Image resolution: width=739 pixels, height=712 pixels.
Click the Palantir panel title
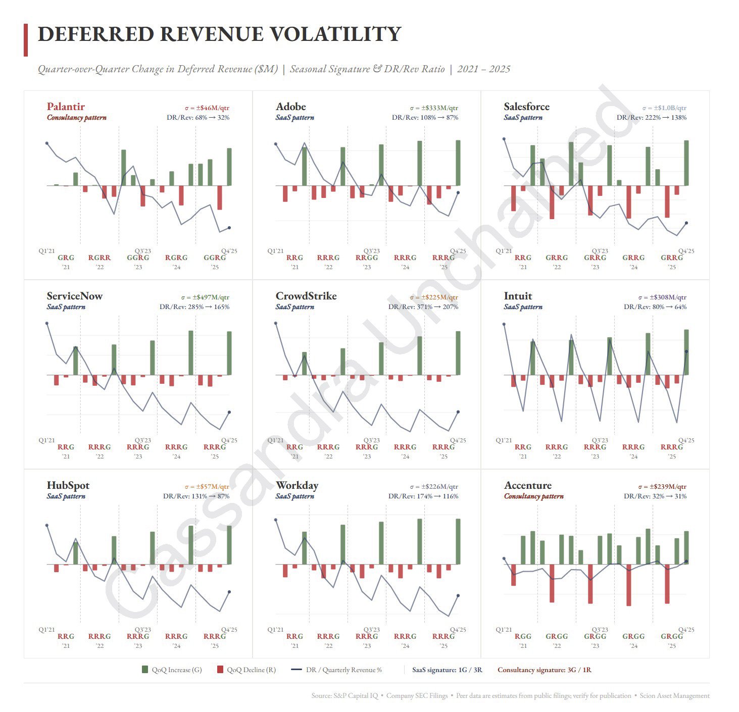[x=66, y=107]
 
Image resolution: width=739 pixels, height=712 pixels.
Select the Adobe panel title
[x=291, y=107]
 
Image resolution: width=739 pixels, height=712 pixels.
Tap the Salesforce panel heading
[x=526, y=107]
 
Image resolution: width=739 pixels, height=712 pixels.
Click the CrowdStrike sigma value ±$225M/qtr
[x=434, y=297]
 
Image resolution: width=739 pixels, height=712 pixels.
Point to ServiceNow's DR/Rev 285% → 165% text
[x=194, y=307]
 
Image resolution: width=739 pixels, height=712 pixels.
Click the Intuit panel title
[x=518, y=296]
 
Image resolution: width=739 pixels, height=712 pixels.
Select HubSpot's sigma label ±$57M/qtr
[x=207, y=487]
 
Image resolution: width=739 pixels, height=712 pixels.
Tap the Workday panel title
[x=297, y=485]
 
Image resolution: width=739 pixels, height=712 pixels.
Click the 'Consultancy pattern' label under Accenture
[x=533, y=496]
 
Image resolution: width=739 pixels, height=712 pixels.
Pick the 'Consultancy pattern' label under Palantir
[x=77, y=118]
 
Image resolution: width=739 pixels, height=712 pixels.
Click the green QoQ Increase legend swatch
[x=145, y=670]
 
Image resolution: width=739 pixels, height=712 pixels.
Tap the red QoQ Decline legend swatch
[x=220, y=670]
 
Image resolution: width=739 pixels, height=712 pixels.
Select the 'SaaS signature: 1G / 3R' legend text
[x=447, y=670]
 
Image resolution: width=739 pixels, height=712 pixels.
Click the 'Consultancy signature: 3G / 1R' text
[x=544, y=670]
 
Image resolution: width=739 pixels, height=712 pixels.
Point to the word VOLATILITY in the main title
[x=335, y=34]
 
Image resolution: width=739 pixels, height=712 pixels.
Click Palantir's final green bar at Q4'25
[x=229, y=167]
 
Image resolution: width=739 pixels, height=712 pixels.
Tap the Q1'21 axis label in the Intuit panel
[x=504, y=440]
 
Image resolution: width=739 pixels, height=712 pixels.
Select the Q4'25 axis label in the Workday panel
[x=458, y=630]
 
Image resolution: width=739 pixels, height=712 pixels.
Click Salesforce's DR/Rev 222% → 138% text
[x=652, y=118]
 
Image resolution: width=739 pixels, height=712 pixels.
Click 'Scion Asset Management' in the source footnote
[x=674, y=696]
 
